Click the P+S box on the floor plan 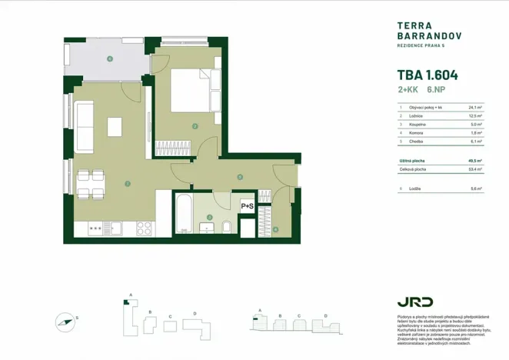[x=248, y=206]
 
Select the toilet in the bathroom [x=226, y=226]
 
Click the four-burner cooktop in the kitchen [x=145, y=228]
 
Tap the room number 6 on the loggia [x=110, y=58]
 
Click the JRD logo [x=415, y=301]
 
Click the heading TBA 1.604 [x=427, y=75]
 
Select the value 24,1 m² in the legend [x=475, y=108]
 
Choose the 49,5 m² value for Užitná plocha [x=475, y=161]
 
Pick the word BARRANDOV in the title [x=428, y=35]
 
